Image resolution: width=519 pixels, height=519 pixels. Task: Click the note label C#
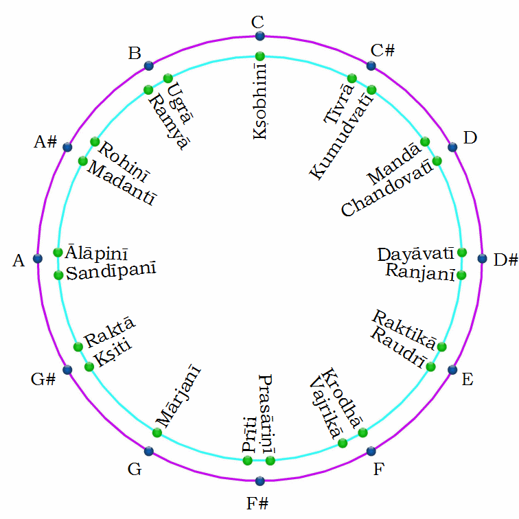(382, 50)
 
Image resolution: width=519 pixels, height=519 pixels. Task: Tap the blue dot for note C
(259, 36)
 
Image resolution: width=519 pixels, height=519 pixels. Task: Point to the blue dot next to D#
(482, 259)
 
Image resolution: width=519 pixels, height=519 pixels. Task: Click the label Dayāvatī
(416, 254)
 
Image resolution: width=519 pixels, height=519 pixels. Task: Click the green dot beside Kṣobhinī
(259, 56)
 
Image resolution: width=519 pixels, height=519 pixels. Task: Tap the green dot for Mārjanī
(157, 432)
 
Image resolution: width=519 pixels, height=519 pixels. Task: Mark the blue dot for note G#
(67, 370)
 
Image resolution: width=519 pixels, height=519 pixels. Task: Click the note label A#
(45, 142)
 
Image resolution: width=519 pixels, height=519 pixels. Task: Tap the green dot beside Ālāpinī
(58, 251)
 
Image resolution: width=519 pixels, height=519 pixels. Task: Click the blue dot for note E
(452, 370)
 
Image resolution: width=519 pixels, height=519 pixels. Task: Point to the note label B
(135, 54)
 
